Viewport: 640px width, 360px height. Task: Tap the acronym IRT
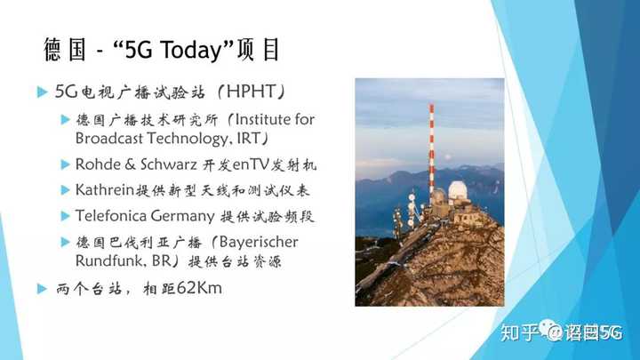[248, 138]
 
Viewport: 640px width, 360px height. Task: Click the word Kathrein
[105, 190]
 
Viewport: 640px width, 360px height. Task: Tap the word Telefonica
[110, 215]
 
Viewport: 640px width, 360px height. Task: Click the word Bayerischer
[259, 243]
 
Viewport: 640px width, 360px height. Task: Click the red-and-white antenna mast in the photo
[431, 153]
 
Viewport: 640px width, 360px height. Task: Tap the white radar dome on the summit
[458, 191]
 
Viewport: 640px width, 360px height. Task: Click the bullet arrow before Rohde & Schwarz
[65, 164]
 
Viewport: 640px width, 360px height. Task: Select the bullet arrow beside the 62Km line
[42, 289]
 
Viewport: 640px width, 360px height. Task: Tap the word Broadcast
[109, 138]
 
